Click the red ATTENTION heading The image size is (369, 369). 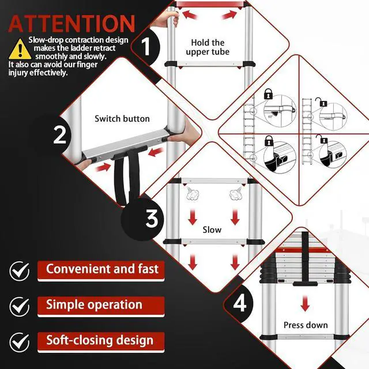(x=71, y=24)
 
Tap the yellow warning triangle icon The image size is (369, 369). (x=20, y=49)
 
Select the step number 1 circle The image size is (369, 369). (x=146, y=46)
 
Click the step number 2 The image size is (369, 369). (x=59, y=134)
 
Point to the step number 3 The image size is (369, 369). (x=151, y=219)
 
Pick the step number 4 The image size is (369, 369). (x=240, y=303)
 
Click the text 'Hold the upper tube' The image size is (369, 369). (x=208, y=47)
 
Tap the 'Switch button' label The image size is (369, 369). (x=122, y=119)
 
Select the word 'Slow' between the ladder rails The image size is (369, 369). (x=212, y=229)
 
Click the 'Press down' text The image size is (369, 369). (x=306, y=325)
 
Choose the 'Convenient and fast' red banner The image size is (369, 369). (x=101, y=271)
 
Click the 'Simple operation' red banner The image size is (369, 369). (x=101, y=307)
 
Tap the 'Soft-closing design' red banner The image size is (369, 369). (x=101, y=342)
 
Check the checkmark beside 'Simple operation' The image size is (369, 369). (x=20, y=307)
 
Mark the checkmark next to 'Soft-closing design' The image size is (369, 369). (x=20, y=342)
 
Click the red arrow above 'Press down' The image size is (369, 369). (x=305, y=304)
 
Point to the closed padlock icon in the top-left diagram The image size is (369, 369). (x=268, y=93)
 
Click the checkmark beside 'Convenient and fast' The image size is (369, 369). (x=20, y=271)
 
